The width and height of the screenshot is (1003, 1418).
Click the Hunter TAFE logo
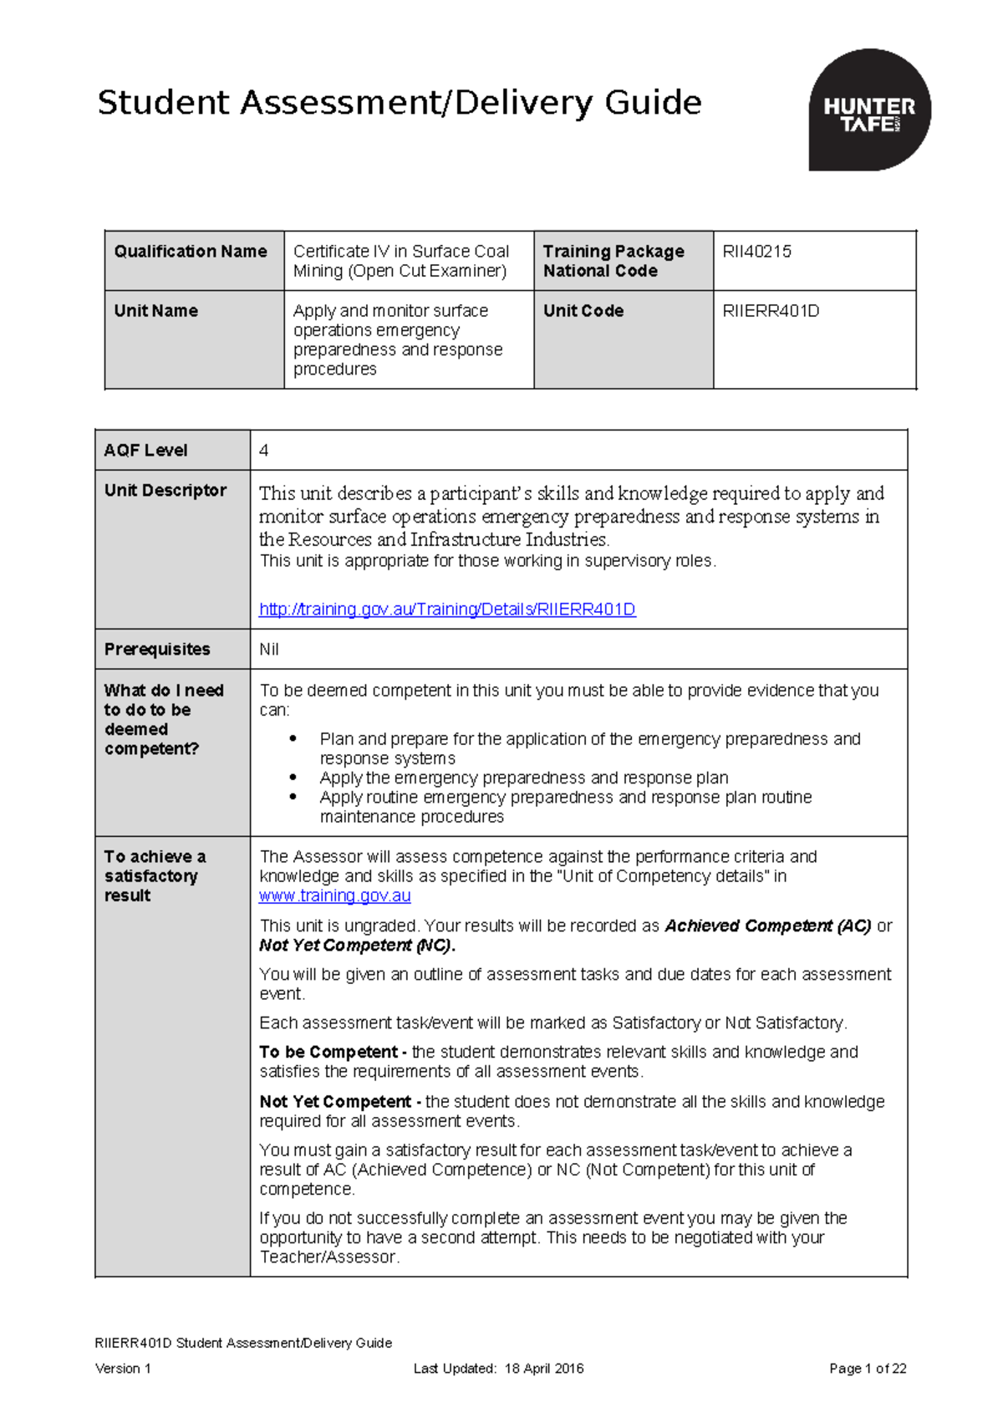pyautogui.click(x=869, y=110)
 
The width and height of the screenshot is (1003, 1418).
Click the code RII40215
pyautogui.click(x=756, y=252)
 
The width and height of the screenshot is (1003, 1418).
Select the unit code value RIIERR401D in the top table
pyautogui.click(x=771, y=311)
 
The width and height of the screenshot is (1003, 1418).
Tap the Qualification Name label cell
pyautogui.click(x=191, y=252)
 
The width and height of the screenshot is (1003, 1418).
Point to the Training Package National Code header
pyautogui.click(x=614, y=261)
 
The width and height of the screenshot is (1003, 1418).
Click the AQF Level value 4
pyautogui.click(x=264, y=451)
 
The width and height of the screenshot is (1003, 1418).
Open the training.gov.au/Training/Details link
pyautogui.click(x=447, y=610)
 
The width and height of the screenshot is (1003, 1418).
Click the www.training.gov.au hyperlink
pyautogui.click(x=334, y=896)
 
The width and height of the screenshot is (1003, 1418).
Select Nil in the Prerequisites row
pyautogui.click(x=269, y=650)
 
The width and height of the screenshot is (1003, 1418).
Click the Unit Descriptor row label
pyautogui.click(x=165, y=491)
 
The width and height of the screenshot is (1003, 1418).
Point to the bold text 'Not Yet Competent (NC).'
pyautogui.click(x=357, y=946)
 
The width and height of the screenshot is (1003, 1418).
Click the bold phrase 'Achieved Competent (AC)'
pyautogui.click(x=767, y=926)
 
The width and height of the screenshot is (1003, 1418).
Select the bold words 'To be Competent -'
pyautogui.click(x=333, y=1053)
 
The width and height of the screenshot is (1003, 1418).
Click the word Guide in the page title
pyautogui.click(x=653, y=103)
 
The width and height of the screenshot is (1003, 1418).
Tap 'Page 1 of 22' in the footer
pyautogui.click(x=867, y=1369)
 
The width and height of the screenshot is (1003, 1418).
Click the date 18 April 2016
pyautogui.click(x=543, y=1369)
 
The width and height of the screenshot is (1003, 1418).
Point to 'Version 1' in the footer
pyautogui.click(x=123, y=1369)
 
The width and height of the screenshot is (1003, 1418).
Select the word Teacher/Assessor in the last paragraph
pyautogui.click(x=328, y=1257)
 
